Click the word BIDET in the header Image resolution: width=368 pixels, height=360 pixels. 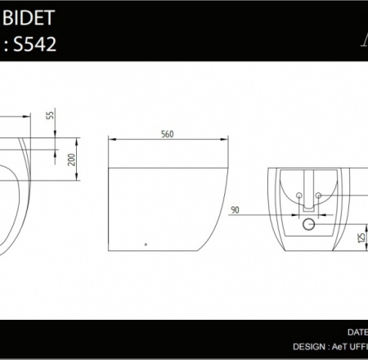26,16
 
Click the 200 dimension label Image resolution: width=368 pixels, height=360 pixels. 72,158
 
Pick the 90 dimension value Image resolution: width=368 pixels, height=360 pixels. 235,211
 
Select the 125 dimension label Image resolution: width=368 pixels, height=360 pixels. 360,237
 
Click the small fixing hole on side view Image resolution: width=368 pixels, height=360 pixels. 146,243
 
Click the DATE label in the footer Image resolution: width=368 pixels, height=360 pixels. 357,332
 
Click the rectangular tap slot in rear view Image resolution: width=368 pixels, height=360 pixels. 309,183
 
